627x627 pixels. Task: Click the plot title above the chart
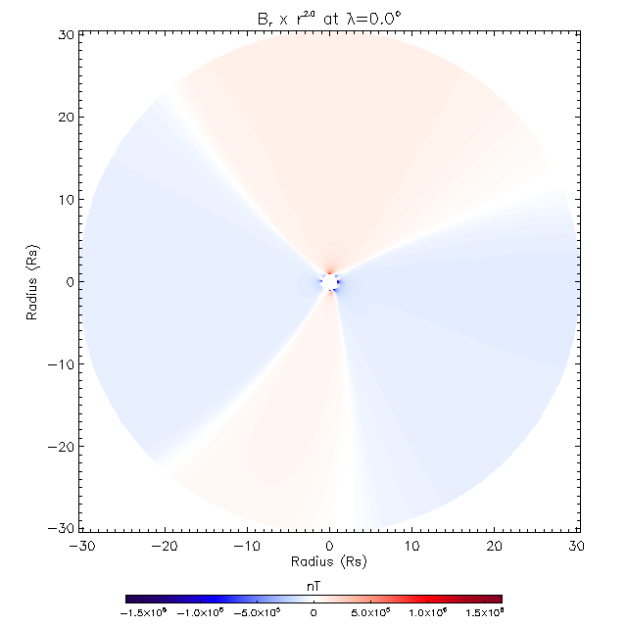coord(330,16)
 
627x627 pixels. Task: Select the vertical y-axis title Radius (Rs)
coord(32,282)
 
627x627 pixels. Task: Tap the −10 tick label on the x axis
coord(245,545)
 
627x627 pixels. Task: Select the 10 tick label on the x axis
coord(412,545)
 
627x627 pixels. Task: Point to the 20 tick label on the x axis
coord(495,545)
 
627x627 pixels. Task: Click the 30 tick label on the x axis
coord(577,545)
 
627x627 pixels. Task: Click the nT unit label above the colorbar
coord(313,584)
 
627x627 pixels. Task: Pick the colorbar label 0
coord(313,612)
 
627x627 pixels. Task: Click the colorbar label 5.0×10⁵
coord(370,612)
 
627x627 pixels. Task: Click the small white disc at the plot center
coord(330,282)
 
